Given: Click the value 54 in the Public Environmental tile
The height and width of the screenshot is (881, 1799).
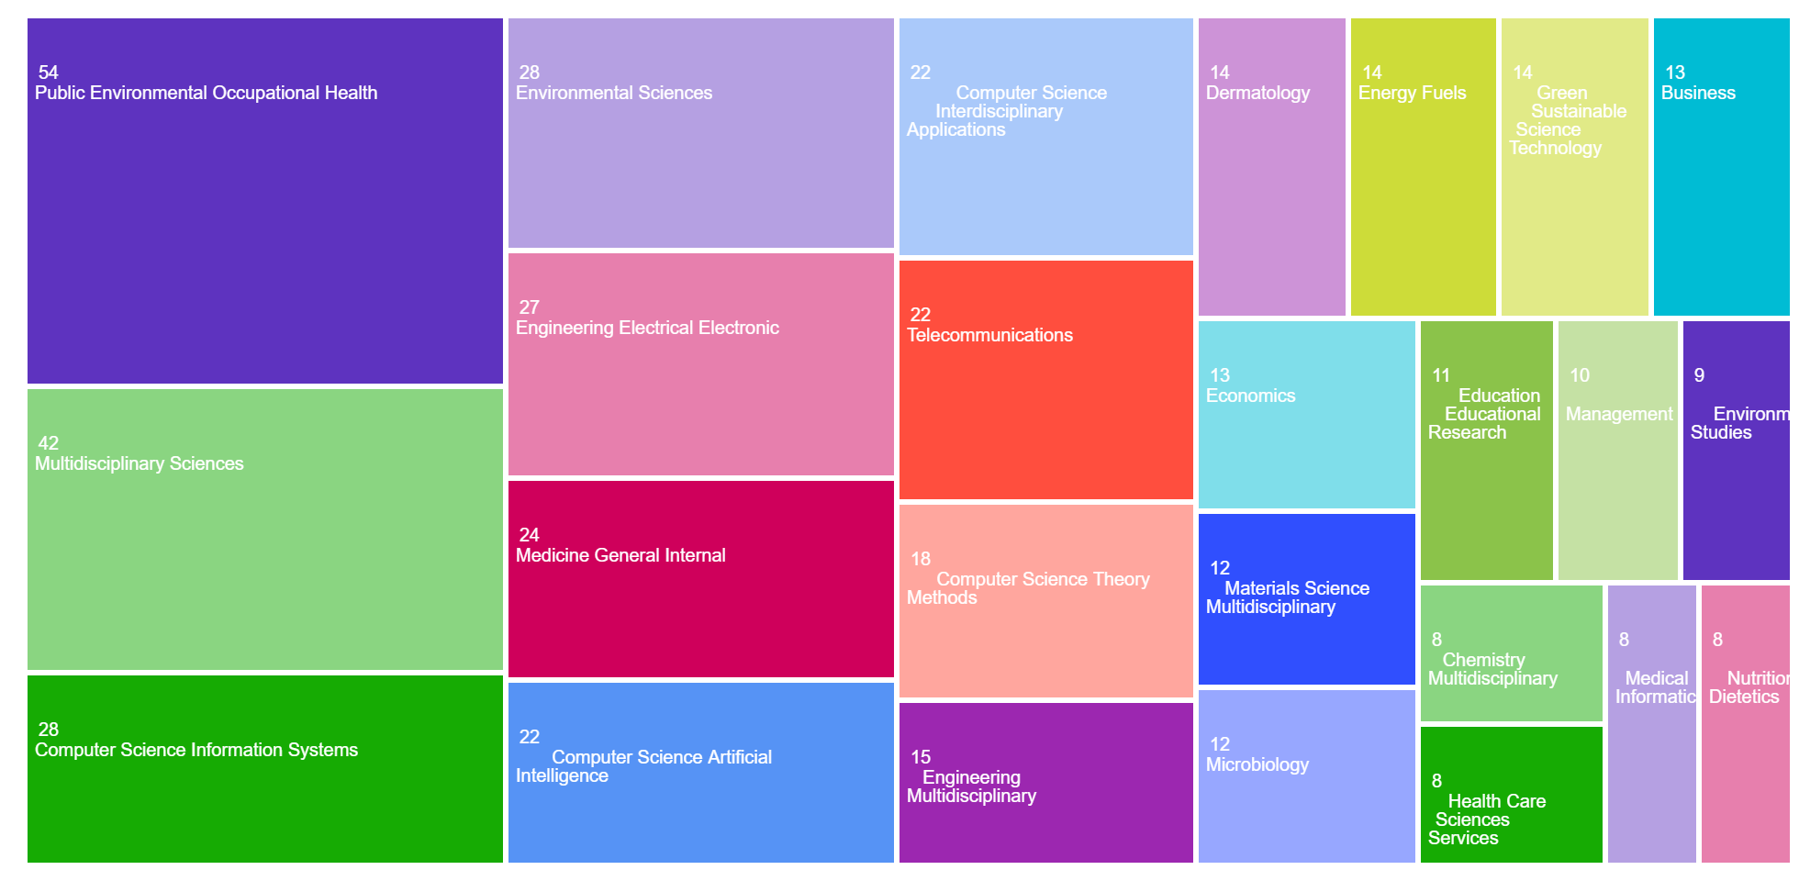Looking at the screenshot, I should [49, 72].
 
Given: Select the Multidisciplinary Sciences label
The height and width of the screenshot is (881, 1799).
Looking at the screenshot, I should [140, 463].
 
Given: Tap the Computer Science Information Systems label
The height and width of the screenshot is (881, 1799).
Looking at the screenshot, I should [196, 750].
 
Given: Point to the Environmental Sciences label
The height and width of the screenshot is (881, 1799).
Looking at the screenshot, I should [614, 93].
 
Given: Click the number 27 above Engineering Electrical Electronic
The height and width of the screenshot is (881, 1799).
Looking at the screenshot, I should [530, 307].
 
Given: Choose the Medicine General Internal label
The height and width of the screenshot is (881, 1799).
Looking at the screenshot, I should [620, 555].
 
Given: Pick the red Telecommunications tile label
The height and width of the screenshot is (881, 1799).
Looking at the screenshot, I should [989, 335].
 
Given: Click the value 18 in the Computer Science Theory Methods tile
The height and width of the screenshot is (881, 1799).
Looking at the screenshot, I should [921, 559].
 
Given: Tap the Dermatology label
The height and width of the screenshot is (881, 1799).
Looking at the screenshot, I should [1257, 93].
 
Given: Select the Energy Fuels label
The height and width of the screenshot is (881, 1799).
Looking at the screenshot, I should [1412, 93].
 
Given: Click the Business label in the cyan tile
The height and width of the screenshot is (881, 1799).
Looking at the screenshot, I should [1698, 93].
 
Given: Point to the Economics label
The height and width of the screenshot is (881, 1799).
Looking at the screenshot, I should [1250, 396].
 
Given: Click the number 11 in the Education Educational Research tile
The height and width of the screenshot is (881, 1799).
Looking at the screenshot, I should [1441, 375].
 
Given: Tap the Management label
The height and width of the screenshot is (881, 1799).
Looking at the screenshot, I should [1619, 414].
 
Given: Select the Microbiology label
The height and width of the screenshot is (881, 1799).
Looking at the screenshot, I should [1257, 764].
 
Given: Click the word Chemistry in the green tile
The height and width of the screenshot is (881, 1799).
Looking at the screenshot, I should [1483, 660].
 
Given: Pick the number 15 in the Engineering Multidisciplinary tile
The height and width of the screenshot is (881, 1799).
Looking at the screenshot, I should [921, 757].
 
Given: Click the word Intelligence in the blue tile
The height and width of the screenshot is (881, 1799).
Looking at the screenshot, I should [562, 775].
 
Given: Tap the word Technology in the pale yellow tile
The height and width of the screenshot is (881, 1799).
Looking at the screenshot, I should [1555, 148].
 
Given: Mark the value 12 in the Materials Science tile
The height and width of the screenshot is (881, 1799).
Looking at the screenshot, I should [1220, 568].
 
